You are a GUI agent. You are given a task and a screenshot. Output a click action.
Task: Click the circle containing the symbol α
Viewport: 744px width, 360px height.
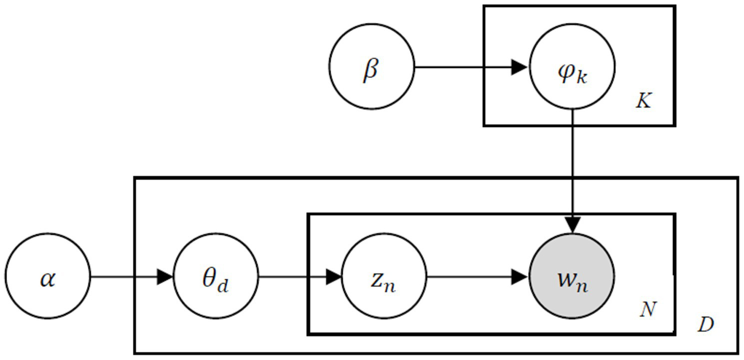pyautogui.click(x=48, y=276)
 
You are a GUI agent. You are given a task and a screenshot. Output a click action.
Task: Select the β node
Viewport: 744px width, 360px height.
pyautogui.click(x=372, y=66)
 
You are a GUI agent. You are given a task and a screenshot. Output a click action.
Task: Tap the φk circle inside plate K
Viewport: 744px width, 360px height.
pyautogui.click(x=572, y=66)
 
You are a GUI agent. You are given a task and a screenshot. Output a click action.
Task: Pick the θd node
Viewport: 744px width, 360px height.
pyautogui.click(x=216, y=276)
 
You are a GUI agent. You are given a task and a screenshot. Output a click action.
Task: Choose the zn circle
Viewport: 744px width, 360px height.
pyautogui.click(x=384, y=276)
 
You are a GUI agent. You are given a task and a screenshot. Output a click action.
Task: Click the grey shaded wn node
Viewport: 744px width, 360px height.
pyautogui.click(x=572, y=276)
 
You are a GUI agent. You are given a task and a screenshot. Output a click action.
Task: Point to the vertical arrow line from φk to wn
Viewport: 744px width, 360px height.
pyautogui.click(x=573, y=165)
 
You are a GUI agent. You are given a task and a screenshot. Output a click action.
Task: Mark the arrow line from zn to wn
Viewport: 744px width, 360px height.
pyautogui.click(x=470, y=276)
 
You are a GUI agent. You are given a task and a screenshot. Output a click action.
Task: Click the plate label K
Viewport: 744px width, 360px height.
pyautogui.click(x=644, y=102)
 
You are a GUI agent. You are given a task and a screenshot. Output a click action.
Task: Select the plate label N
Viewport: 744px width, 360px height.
pyautogui.click(x=648, y=310)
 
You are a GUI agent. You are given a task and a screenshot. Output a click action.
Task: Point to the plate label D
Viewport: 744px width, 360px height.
pyautogui.click(x=706, y=325)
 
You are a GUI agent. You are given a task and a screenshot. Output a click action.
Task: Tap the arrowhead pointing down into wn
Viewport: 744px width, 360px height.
pyautogui.click(x=573, y=225)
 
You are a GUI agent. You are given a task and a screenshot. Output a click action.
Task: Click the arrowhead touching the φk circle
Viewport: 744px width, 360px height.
pyautogui.click(x=520, y=67)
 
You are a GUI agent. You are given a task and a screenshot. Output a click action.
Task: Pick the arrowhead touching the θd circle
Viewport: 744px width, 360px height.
pyautogui.click(x=165, y=276)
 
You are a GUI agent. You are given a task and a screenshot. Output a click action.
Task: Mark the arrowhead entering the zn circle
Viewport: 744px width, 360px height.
pyautogui.click(x=333, y=276)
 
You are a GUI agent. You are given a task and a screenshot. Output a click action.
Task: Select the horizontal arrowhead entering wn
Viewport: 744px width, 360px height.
pyautogui.click(x=520, y=276)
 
